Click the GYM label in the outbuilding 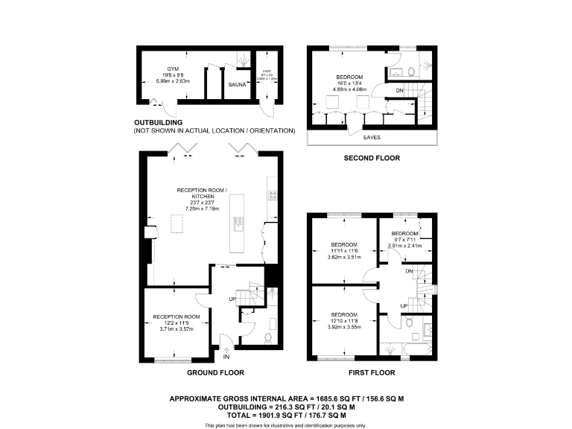pos(173,69)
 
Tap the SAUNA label pos(237,85)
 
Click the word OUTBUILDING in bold pos(159,122)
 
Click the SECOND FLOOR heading pos(371,158)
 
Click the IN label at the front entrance pos(226,357)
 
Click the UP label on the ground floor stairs pos(232,299)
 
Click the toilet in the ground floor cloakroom pos(267,336)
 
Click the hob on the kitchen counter pos(272,195)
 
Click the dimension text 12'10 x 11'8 pos(344,320)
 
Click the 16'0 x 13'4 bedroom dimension pos(349,83)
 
